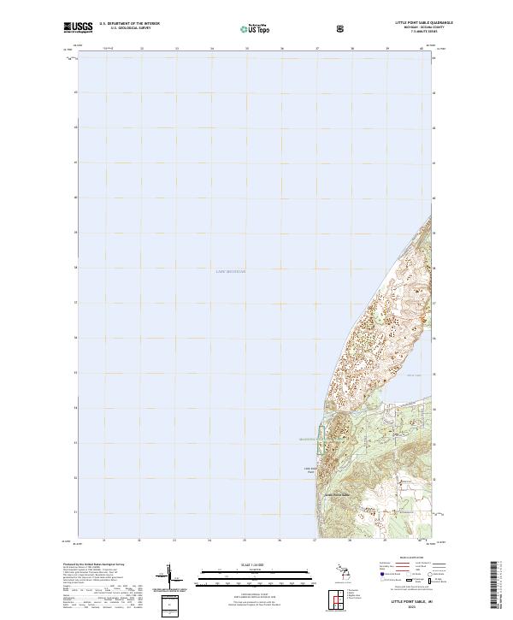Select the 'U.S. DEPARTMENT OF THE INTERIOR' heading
[x=129, y=24]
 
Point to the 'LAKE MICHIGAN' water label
[x=230, y=271]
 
